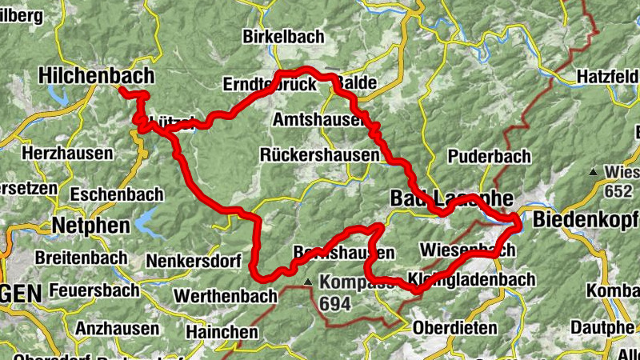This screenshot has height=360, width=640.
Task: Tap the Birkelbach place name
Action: pos(283,37)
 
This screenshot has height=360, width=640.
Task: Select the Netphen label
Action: pos(90,226)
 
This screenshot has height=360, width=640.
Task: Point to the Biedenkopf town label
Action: pos(586,220)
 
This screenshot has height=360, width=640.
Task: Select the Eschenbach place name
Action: pos(117,194)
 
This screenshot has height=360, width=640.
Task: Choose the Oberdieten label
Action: pos(454,327)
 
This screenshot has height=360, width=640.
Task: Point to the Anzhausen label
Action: pos(115,328)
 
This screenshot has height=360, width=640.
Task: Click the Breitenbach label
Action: pos(81,258)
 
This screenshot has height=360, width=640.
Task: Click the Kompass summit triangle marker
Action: pos(309,282)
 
